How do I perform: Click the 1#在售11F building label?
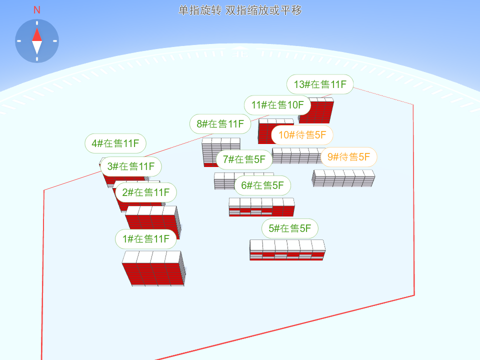(x=146, y=239)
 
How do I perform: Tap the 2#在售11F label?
(x=146, y=192)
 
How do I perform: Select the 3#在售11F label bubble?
(x=131, y=166)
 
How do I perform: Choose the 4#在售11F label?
(x=115, y=144)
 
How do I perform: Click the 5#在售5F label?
(x=290, y=228)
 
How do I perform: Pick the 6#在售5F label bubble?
(x=262, y=185)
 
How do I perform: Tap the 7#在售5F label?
(x=244, y=159)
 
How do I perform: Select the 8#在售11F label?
(x=220, y=124)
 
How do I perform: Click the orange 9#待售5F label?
(x=348, y=157)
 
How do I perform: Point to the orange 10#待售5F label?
(x=302, y=134)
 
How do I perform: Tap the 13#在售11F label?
(x=320, y=84)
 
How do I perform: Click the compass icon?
(x=37, y=41)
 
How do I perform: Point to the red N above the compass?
(x=37, y=10)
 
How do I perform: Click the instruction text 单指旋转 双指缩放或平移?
(x=240, y=10)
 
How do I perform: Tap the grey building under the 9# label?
(x=343, y=178)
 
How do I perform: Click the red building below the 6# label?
(x=261, y=207)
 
